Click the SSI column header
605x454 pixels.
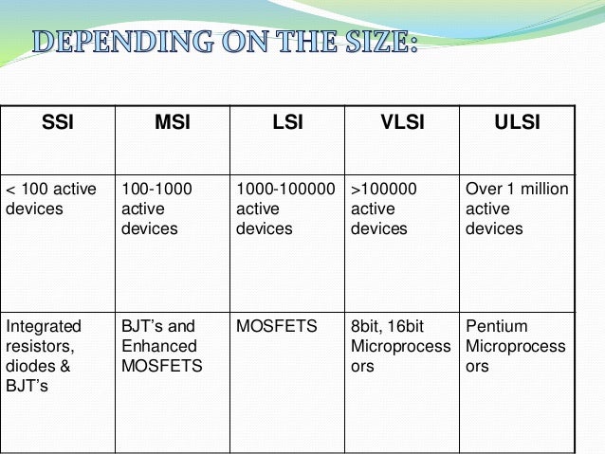pyautogui.click(x=57, y=121)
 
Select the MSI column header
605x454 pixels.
pyautogui.click(x=172, y=121)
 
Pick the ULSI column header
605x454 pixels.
pyautogui.click(x=517, y=121)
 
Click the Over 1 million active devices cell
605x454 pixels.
pyautogui.click(x=517, y=209)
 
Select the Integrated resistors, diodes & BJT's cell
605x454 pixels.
pyautogui.click(x=45, y=356)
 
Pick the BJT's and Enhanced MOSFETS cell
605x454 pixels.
pyautogui.click(x=161, y=346)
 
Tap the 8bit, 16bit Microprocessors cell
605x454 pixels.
pyautogui.click(x=400, y=346)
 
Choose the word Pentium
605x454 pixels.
pyautogui.click(x=496, y=327)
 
